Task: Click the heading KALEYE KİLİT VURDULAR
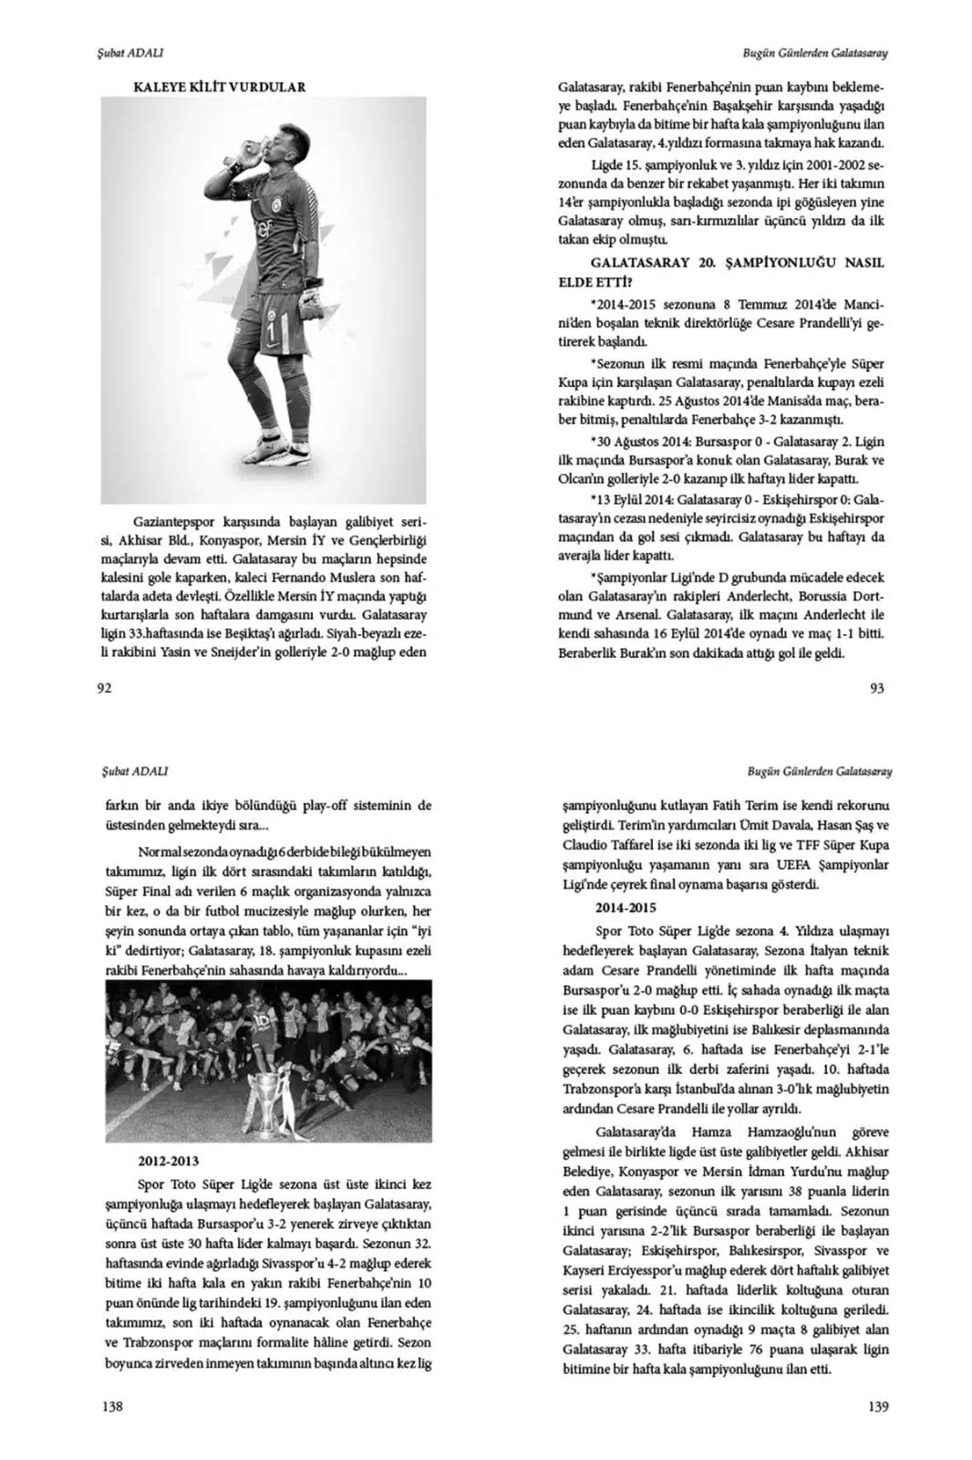tap(220, 87)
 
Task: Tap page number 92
tap(103, 688)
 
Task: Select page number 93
tap(877, 688)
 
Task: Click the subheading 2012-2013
tap(165, 1162)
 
